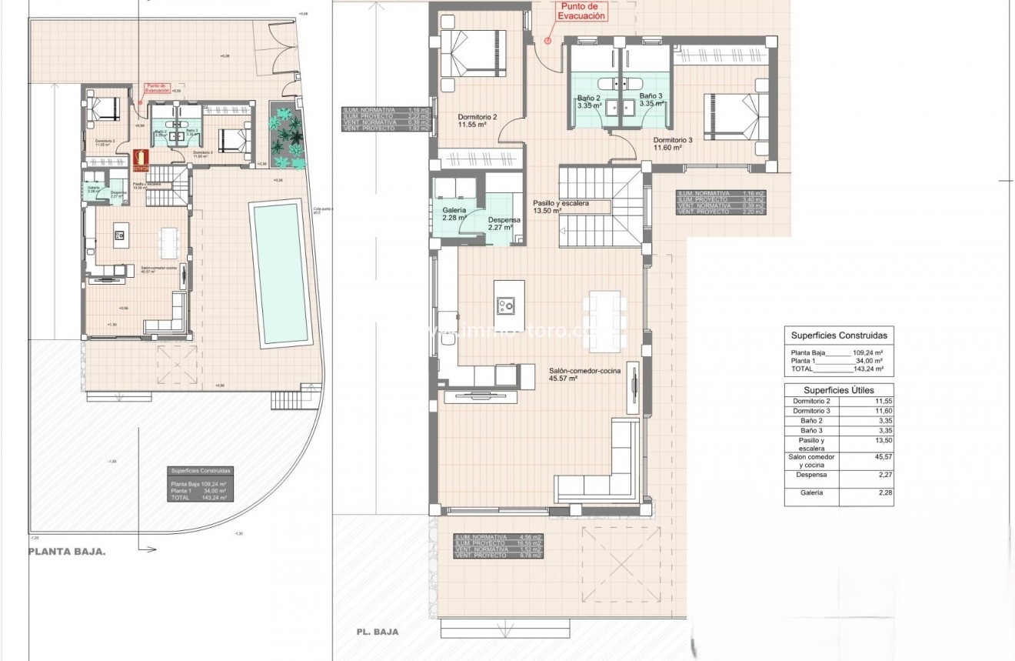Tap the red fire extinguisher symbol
140,159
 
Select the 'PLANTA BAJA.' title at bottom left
67,552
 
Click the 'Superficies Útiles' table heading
838,390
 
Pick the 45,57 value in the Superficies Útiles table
877,461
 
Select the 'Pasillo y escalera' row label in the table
810,444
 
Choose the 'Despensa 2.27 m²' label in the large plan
504,223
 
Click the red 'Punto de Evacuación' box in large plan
581,11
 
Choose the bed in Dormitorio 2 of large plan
471,54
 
